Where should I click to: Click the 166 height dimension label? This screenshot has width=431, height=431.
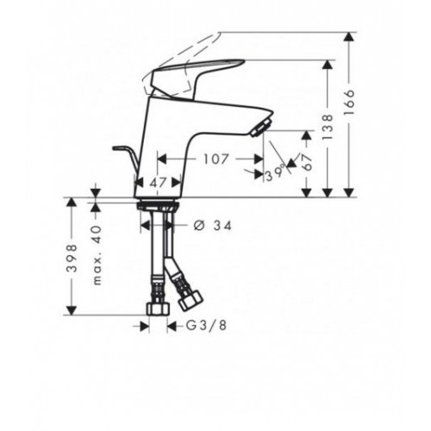tap(349, 103)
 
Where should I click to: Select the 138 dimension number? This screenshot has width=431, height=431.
tap(328, 127)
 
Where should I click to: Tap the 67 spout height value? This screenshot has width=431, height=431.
tap(308, 162)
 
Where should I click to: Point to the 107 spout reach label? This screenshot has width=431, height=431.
tap(215, 159)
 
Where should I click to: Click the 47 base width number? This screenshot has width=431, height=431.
tap(159, 182)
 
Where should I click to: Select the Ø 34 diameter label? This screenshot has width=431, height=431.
tap(212, 226)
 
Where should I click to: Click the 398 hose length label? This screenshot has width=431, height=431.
tap(72, 258)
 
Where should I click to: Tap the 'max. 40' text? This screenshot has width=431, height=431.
tap(97, 255)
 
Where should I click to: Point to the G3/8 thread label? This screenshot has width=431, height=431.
tap(206, 325)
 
